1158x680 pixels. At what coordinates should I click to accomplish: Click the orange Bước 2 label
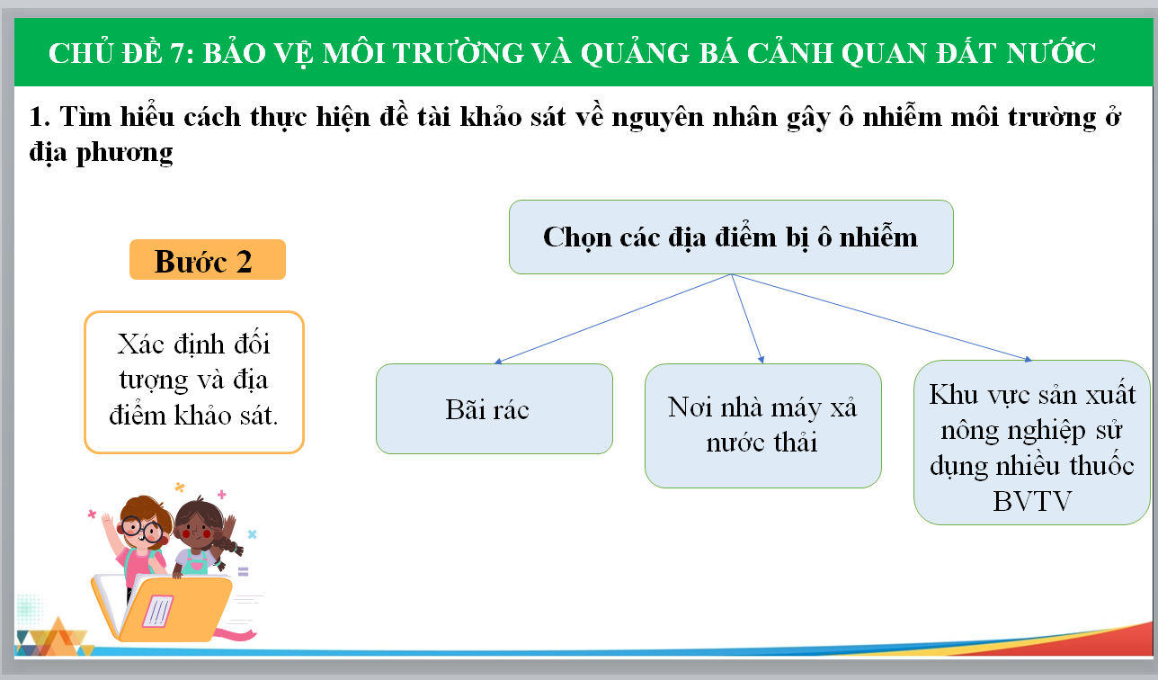coord(208,260)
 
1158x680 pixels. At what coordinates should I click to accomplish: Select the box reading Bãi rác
coord(494,409)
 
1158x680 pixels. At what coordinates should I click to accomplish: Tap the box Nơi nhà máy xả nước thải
coord(763,425)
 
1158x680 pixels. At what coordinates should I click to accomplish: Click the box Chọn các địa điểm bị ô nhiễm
coord(731,237)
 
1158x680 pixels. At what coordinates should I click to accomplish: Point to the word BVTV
coord(1032,501)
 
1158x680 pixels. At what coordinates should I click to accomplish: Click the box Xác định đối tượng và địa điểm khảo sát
coord(194,382)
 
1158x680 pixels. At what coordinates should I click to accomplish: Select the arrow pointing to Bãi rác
coord(612,318)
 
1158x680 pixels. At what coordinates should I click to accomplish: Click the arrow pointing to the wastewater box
coord(747,318)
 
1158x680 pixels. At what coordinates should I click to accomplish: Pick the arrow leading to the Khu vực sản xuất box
coord(881,317)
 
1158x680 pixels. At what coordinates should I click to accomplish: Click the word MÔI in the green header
coord(353,53)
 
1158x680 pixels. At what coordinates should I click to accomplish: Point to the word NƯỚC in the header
coord(1050,53)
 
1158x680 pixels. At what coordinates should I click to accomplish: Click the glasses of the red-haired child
coord(142,530)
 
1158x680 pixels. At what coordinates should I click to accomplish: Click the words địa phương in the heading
coord(101,153)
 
